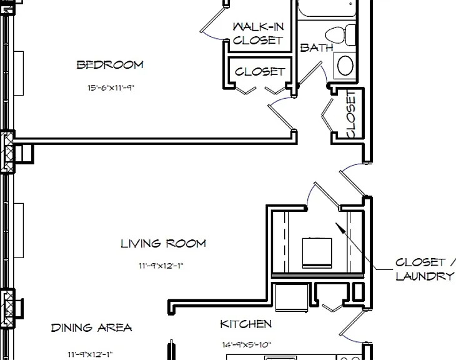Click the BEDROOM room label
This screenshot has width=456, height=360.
pos(110,64)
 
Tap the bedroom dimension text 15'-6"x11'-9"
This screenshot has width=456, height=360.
pos(111,87)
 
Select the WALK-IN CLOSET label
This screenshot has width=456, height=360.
pos(258,34)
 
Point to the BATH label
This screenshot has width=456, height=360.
pos(317,47)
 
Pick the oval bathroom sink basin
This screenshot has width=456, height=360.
pos(345,66)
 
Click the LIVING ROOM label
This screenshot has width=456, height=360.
pos(164,243)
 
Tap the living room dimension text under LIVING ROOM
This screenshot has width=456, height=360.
pos(161,266)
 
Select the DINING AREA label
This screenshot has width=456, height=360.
pos(91,327)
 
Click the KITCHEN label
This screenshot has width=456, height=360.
pos(246,324)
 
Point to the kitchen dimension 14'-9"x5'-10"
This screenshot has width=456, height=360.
pos(247,345)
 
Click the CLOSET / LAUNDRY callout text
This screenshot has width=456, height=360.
pos(425,269)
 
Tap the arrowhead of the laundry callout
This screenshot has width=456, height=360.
pos(340,227)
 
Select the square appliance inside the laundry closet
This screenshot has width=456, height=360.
pos(317,252)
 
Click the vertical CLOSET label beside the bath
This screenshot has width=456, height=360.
pos(351,114)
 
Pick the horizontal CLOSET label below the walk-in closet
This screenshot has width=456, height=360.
pos(260,72)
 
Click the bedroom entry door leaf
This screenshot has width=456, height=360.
pos(280,117)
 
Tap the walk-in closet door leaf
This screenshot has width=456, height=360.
pos(213,19)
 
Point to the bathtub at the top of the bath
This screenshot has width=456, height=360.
pos(327,8)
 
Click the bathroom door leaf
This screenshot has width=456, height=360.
pos(310,72)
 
